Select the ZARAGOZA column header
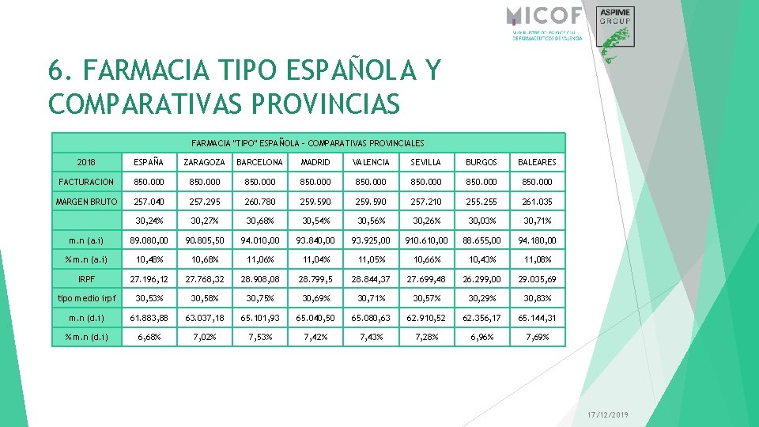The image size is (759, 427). click(204, 162)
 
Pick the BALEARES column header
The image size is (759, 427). click(537, 162)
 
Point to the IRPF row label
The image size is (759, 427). click(87, 279)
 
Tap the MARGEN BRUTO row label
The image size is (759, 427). click(87, 202)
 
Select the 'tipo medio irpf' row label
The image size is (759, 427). click(87, 298)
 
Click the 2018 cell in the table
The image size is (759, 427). click(87, 162)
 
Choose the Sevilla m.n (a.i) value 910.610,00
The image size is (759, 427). click(427, 240)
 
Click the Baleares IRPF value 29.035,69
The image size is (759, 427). click(537, 279)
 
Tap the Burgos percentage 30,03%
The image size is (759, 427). click(481, 221)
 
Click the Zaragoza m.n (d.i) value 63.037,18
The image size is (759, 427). click(205, 318)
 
